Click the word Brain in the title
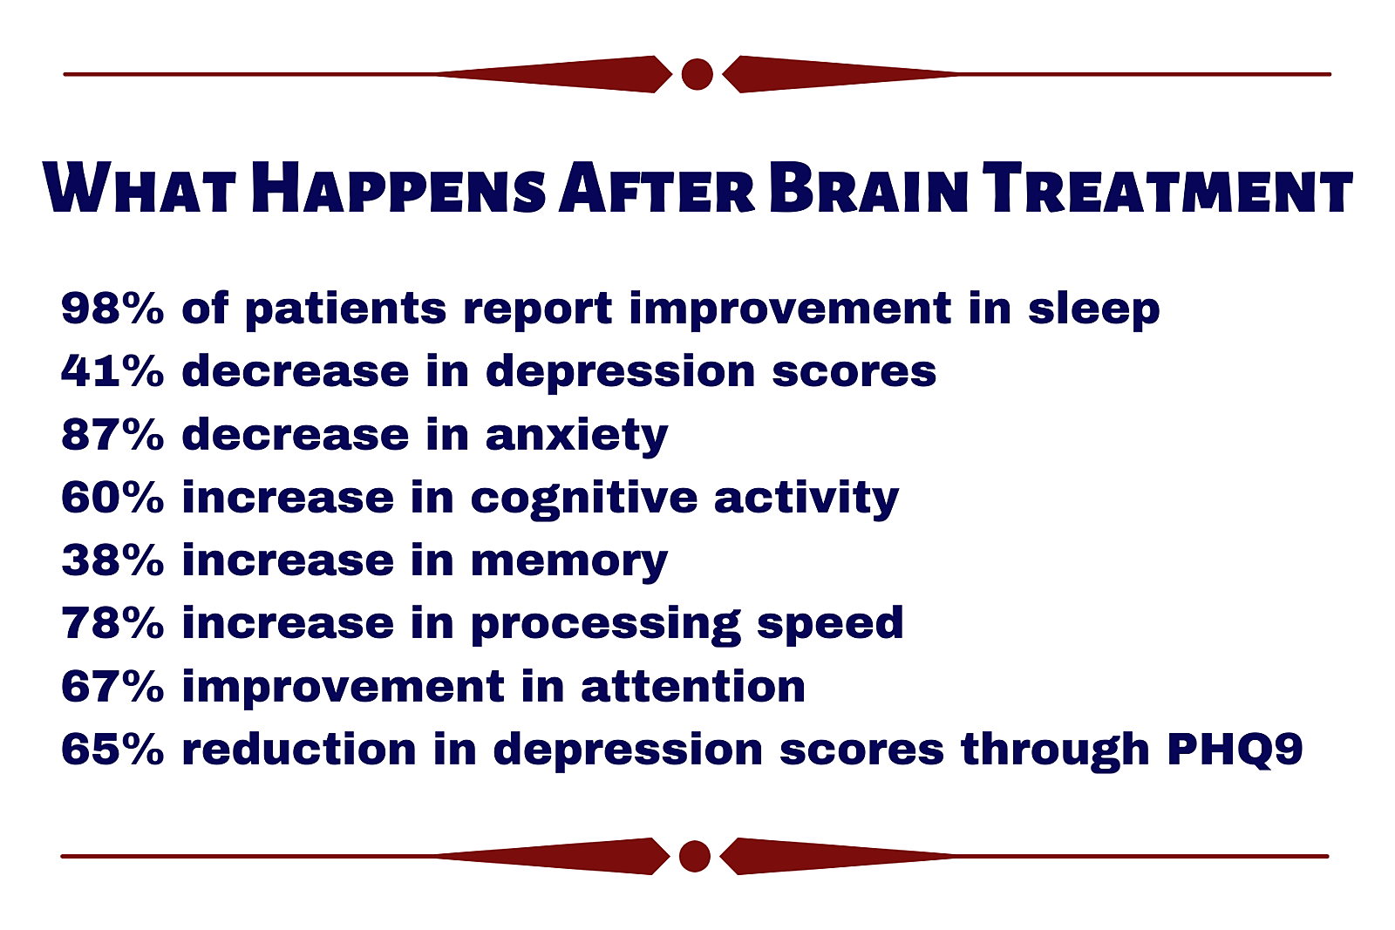pyautogui.click(x=868, y=187)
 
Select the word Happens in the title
pyautogui.click(x=398, y=187)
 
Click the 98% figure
pyautogui.click(x=112, y=308)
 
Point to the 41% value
pyautogui.click(x=112, y=371)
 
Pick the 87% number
pyautogui.click(x=112, y=434)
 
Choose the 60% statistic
pyautogui.click(x=112, y=498)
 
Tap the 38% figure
pyautogui.click(x=112, y=560)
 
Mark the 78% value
pyautogui.click(x=112, y=623)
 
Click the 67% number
pyautogui.click(x=112, y=687)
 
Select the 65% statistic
pyautogui.click(x=112, y=749)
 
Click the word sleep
pyautogui.click(x=1094, y=310)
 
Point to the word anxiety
pyautogui.click(x=576, y=437)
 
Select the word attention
pyautogui.click(x=693, y=686)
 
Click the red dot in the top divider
pyautogui.click(x=697, y=74)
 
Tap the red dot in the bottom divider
pyautogui.click(x=694, y=856)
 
